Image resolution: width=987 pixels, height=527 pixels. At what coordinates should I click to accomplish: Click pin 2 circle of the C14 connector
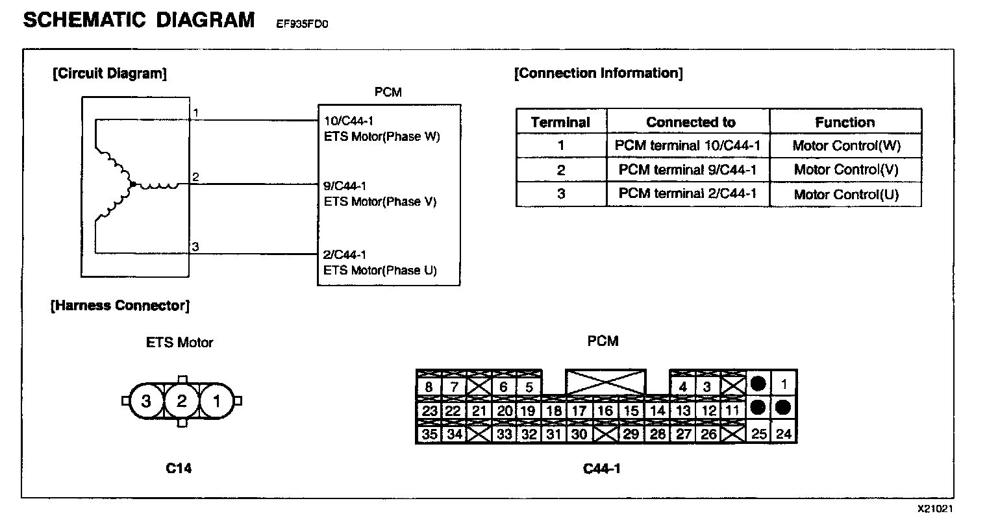tap(182, 401)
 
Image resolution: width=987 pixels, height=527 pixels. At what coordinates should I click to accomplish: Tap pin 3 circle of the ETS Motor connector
tap(146, 401)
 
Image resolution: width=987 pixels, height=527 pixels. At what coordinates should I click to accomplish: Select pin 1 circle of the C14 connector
tap(217, 401)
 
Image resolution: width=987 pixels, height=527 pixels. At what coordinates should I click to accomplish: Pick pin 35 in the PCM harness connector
tap(429, 434)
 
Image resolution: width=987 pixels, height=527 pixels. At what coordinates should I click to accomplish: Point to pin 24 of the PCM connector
tap(784, 434)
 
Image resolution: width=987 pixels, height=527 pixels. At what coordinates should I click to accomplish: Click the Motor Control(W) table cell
tap(846, 145)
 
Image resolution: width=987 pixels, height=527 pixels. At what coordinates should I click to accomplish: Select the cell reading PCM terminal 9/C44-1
tap(688, 170)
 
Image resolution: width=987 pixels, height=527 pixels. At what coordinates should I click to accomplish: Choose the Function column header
tap(845, 122)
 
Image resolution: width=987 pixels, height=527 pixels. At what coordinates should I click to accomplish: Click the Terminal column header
tap(560, 122)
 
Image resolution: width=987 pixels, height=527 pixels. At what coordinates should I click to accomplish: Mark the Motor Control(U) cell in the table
tap(846, 194)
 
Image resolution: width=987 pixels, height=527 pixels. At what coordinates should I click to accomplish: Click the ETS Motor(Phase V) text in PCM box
tap(380, 202)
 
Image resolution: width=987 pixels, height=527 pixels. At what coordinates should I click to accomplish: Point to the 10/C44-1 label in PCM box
tap(349, 120)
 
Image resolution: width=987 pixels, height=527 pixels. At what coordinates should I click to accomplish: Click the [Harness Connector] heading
tap(120, 305)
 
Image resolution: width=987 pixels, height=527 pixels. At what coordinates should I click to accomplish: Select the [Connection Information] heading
tap(598, 73)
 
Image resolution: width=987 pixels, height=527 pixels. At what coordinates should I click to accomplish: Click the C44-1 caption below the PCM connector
tap(601, 467)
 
